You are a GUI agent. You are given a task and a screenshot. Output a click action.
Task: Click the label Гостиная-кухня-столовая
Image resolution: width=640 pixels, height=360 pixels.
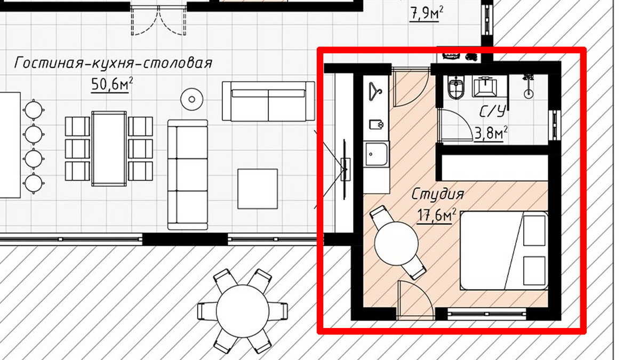(x=113, y=63)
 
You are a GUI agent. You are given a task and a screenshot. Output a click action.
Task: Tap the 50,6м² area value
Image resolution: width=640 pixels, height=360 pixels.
(x=112, y=85)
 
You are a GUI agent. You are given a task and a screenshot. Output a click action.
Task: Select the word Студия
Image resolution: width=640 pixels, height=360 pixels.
(x=437, y=195)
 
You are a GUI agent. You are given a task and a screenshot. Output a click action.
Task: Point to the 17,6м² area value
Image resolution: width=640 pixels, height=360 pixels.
(x=437, y=215)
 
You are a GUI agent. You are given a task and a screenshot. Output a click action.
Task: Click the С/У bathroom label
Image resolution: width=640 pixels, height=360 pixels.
(x=493, y=111)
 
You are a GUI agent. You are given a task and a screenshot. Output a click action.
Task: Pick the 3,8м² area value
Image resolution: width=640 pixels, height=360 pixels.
(x=491, y=133)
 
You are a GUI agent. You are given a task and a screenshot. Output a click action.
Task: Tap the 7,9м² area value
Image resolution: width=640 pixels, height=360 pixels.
(x=427, y=13)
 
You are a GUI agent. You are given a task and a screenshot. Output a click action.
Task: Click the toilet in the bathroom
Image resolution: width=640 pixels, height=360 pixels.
(x=455, y=87)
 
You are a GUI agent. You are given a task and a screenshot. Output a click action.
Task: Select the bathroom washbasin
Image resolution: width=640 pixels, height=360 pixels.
(x=485, y=86)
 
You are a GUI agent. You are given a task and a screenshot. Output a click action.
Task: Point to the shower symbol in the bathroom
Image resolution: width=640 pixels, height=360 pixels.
(x=529, y=86)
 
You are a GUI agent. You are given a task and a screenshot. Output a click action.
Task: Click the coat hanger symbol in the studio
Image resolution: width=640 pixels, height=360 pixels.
(x=375, y=92)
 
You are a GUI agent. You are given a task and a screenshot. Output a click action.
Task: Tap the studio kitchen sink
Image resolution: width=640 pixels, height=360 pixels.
(x=377, y=154)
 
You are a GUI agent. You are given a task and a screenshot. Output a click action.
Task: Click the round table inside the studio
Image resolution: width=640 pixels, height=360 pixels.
(x=396, y=243)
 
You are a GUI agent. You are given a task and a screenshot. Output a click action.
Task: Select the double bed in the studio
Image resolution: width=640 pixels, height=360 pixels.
(x=504, y=251)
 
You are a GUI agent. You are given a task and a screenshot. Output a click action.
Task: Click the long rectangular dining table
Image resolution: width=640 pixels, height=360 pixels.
(x=109, y=149)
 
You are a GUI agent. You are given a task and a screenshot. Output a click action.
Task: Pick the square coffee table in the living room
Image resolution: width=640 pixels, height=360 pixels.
(x=258, y=189)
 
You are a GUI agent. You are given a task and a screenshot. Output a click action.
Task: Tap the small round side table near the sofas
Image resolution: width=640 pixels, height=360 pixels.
(x=192, y=99)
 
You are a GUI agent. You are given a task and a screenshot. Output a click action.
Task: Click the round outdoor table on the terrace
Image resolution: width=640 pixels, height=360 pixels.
(x=243, y=311)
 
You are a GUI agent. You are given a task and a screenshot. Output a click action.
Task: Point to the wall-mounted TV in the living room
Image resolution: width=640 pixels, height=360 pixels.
(x=345, y=169)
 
